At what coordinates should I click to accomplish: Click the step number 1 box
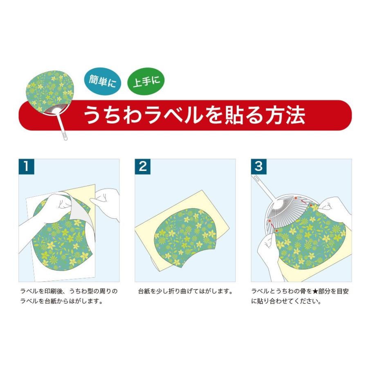coord(26,166)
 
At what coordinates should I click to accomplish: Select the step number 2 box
coord(143,166)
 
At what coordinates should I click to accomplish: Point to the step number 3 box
coord(258,166)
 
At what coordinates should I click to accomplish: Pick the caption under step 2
coord(185,292)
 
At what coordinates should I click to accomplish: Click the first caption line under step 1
coord(69,292)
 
